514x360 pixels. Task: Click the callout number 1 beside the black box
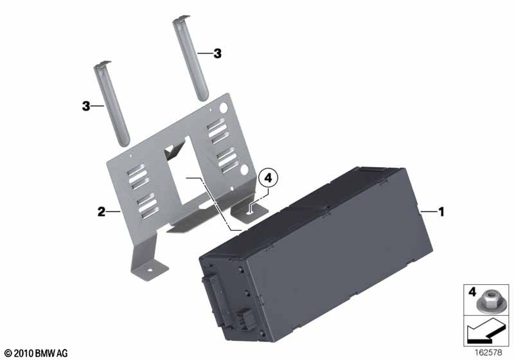441,212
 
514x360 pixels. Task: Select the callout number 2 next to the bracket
102,212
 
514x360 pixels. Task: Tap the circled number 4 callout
268,178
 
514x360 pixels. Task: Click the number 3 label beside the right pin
217,53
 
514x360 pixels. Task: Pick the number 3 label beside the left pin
86,106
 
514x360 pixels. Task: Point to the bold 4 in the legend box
472,292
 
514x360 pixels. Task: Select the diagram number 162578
488,352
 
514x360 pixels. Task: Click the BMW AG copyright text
37,354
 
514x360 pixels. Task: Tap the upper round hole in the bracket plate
223,107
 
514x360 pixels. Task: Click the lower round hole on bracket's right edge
244,170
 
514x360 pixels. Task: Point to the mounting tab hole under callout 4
250,212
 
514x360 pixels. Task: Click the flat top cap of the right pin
181,19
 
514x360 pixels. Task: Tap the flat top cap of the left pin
103,64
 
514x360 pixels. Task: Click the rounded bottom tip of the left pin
124,143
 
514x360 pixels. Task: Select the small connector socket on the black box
244,319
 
